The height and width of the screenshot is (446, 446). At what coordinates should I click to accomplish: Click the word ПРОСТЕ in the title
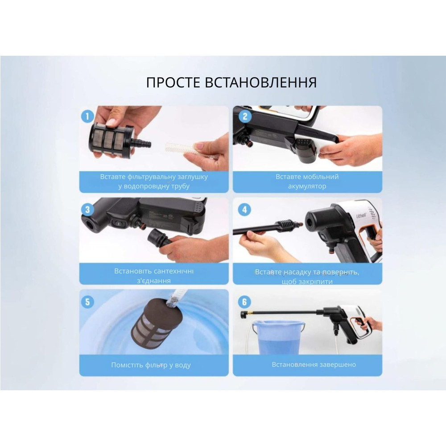pos(174,83)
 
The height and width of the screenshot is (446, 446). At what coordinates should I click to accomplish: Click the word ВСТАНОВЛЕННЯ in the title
pos(261,83)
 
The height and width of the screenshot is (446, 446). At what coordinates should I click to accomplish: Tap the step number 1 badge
pos(87,116)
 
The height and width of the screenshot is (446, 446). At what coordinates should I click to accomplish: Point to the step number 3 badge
pos(87,209)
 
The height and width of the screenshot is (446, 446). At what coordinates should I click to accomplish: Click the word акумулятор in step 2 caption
pos(307,186)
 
